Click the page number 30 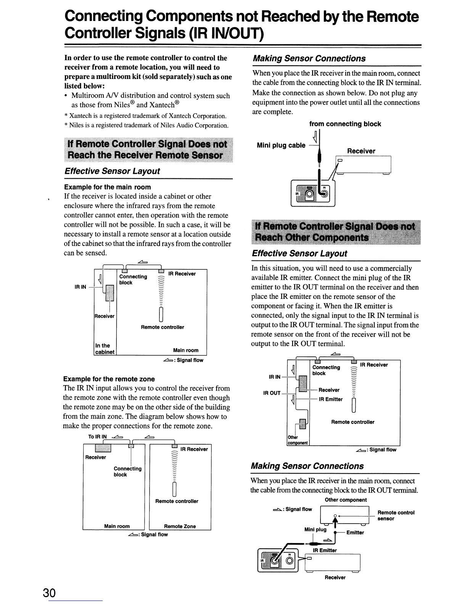pyautogui.click(x=49, y=593)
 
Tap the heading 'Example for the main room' pyautogui.click(x=108, y=187)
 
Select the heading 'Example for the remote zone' pyautogui.click(x=109, y=379)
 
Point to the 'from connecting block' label pyautogui.click(x=345, y=124)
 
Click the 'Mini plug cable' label pyautogui.click(x=281, y=145)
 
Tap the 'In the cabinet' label pyautogui.click(x=105, y=349)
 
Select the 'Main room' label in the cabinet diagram pyautogui.click(x=186, y=350)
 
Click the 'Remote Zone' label pyautogui.click(x=180, y=526)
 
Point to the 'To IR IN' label pyautogui.click(x=97, y=437)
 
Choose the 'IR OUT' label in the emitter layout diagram pyautogui.click(x=272, y=393)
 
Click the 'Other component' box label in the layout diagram pyautogui.click(x=298, y=440)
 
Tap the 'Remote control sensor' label pyautogui.click(x=396, y=516)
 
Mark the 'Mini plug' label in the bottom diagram pyautogui.click(x=315, y=529)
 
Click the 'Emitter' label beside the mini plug pyautogui.click(x=355, y=533)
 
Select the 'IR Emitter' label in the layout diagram pyautogui.click(x=331, y=399)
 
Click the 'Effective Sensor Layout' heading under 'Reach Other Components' pyautogui.click(x=300, y=254)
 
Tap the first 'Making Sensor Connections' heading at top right pyautogui.click(x=309, y=58)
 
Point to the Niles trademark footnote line pyautogui.click(x=147, y=125)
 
